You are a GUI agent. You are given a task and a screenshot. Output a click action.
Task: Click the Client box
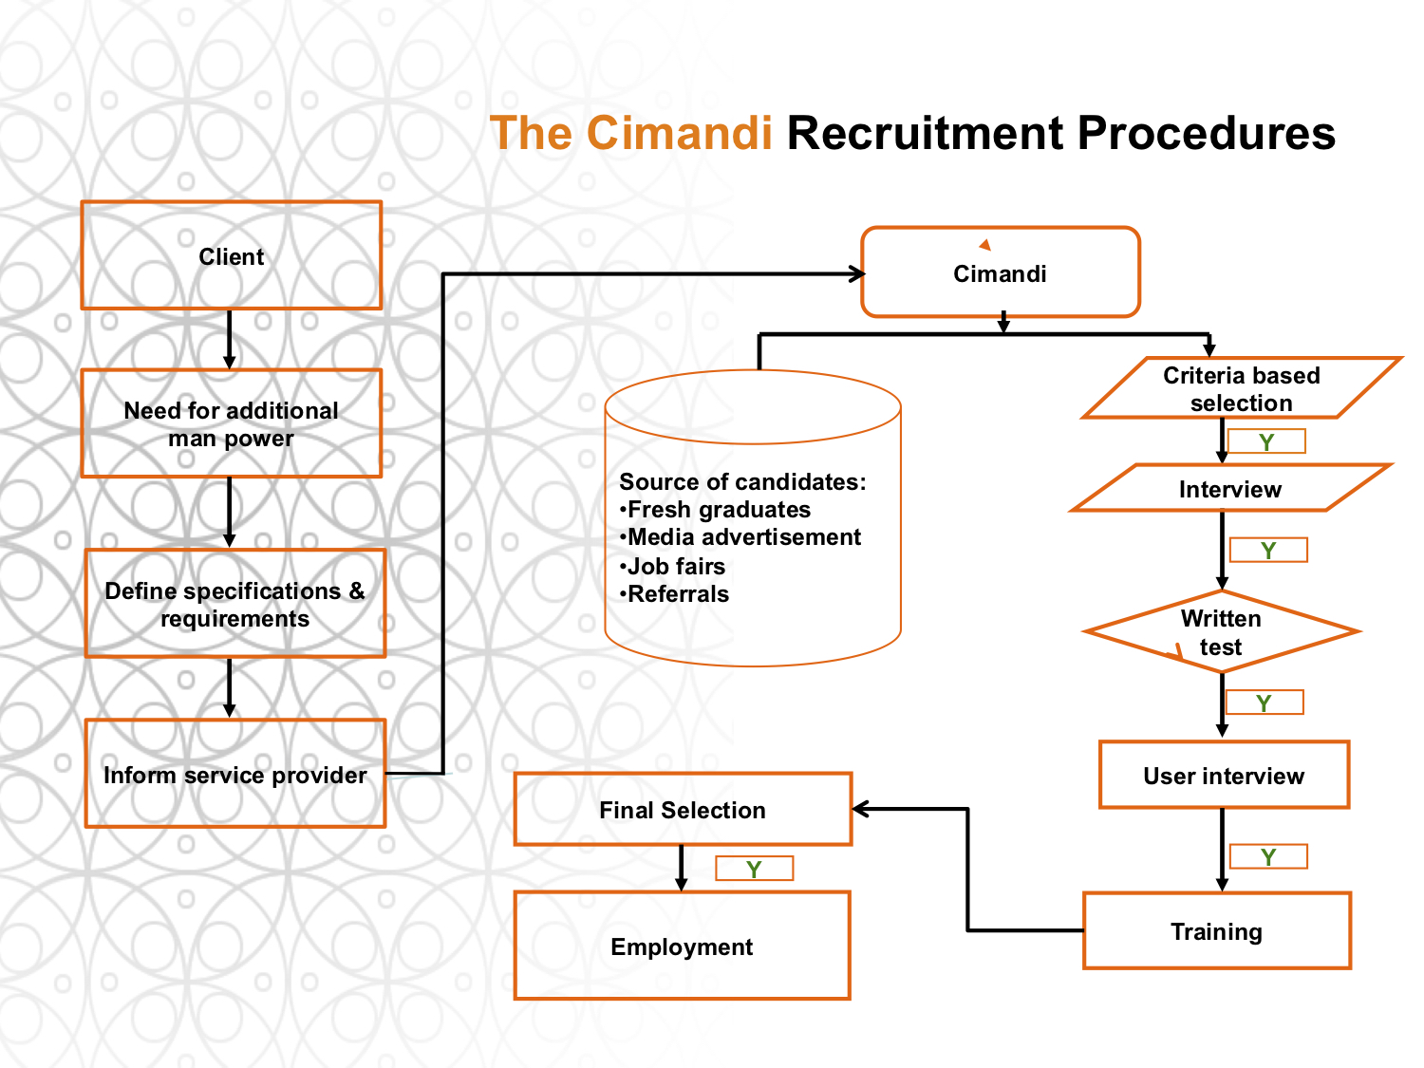pyautogui.click(x=231, y=254)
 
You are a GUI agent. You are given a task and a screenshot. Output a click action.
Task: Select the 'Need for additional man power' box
pyautogui.click(x=231, y=423)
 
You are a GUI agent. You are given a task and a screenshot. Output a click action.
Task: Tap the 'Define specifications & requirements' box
pyautogui.click(x=234, y=603)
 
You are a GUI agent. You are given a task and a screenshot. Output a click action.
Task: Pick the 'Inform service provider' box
pyautogui.click(x=234, y=773)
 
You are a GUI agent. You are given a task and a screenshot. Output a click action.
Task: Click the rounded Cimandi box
pyautogui.click(x=1000, y=272)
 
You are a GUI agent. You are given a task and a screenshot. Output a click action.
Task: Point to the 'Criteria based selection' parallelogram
pyautogui.click(x=1241, y=387)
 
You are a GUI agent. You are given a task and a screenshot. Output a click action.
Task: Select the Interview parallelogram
pyautogui.click(x=1230, y=488)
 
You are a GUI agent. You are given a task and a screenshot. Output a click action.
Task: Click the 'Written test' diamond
pyautogui.click(x=1221, y=631)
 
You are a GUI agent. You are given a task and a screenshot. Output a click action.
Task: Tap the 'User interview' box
pyautogui.click(x=1224, y=775)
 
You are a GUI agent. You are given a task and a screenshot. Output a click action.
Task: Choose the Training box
pyautogui.click(x=1216, y=930)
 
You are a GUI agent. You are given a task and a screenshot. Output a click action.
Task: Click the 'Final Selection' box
pyautogui.click(x=683, y=809)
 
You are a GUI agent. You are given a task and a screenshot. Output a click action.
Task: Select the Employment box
pyautogui.click(x=682, y=946)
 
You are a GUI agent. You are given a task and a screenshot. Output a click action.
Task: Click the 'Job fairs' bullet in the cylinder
pyautogui.click(x=672, y=566)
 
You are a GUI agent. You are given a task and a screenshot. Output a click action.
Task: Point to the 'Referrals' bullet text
pyautogui.click(x=674, y=594)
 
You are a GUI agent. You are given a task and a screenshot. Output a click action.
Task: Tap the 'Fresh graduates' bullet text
pyautogui.click(x=715, y=510)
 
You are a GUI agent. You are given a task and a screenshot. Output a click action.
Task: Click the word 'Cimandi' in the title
pyautogui.click(x=679, y=133)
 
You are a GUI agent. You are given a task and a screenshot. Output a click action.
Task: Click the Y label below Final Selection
pyautogui.click(x=754, y=869)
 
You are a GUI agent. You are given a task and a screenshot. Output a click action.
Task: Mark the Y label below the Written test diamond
pyautogui.click(x=1264, y=703)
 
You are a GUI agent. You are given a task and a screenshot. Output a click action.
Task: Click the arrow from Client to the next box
pyautogui.click(x=229, y=339)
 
